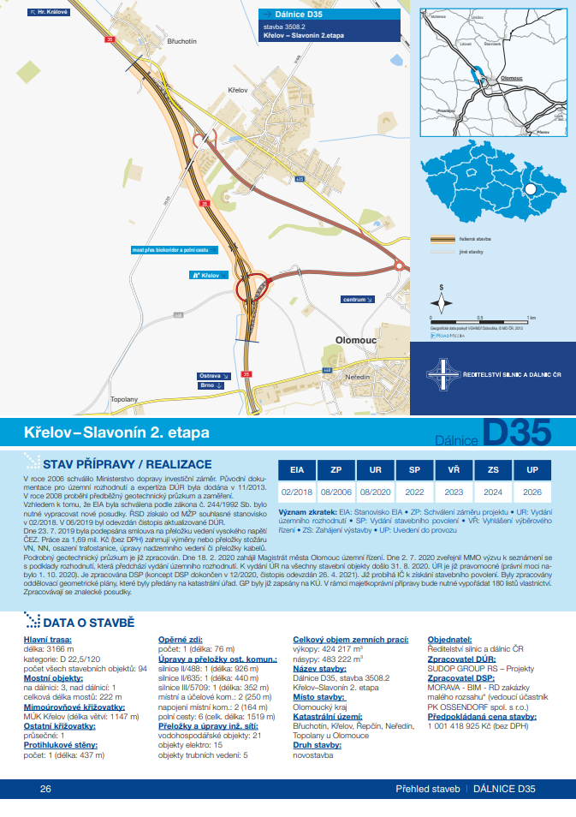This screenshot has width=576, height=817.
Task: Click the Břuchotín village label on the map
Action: [x=182, y=41]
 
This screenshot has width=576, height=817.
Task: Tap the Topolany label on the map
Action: [x=124, y=399]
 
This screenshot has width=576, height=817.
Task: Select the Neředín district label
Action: [x=358, y=378]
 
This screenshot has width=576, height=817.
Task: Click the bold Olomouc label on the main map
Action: [x=356, y=340]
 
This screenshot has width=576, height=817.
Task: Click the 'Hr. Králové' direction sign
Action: [x=48, y=13]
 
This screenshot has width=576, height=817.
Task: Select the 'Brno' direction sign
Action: [x=211, y=385]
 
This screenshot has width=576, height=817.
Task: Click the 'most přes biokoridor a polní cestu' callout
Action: [x=169, y=248]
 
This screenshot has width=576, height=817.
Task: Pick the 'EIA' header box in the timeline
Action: [x=297, y=470]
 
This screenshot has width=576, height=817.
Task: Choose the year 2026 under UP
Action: [x=532, y=493]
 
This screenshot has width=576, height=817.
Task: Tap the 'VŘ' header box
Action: [x=454, y=470]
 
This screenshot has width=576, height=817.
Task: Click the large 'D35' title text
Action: [x=516, y=433]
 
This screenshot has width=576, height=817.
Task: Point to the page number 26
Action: [x=45, y=789]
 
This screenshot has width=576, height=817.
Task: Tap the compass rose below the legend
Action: [x=442, y=301]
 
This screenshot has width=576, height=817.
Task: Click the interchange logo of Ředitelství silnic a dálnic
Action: [x=445, y=374]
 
